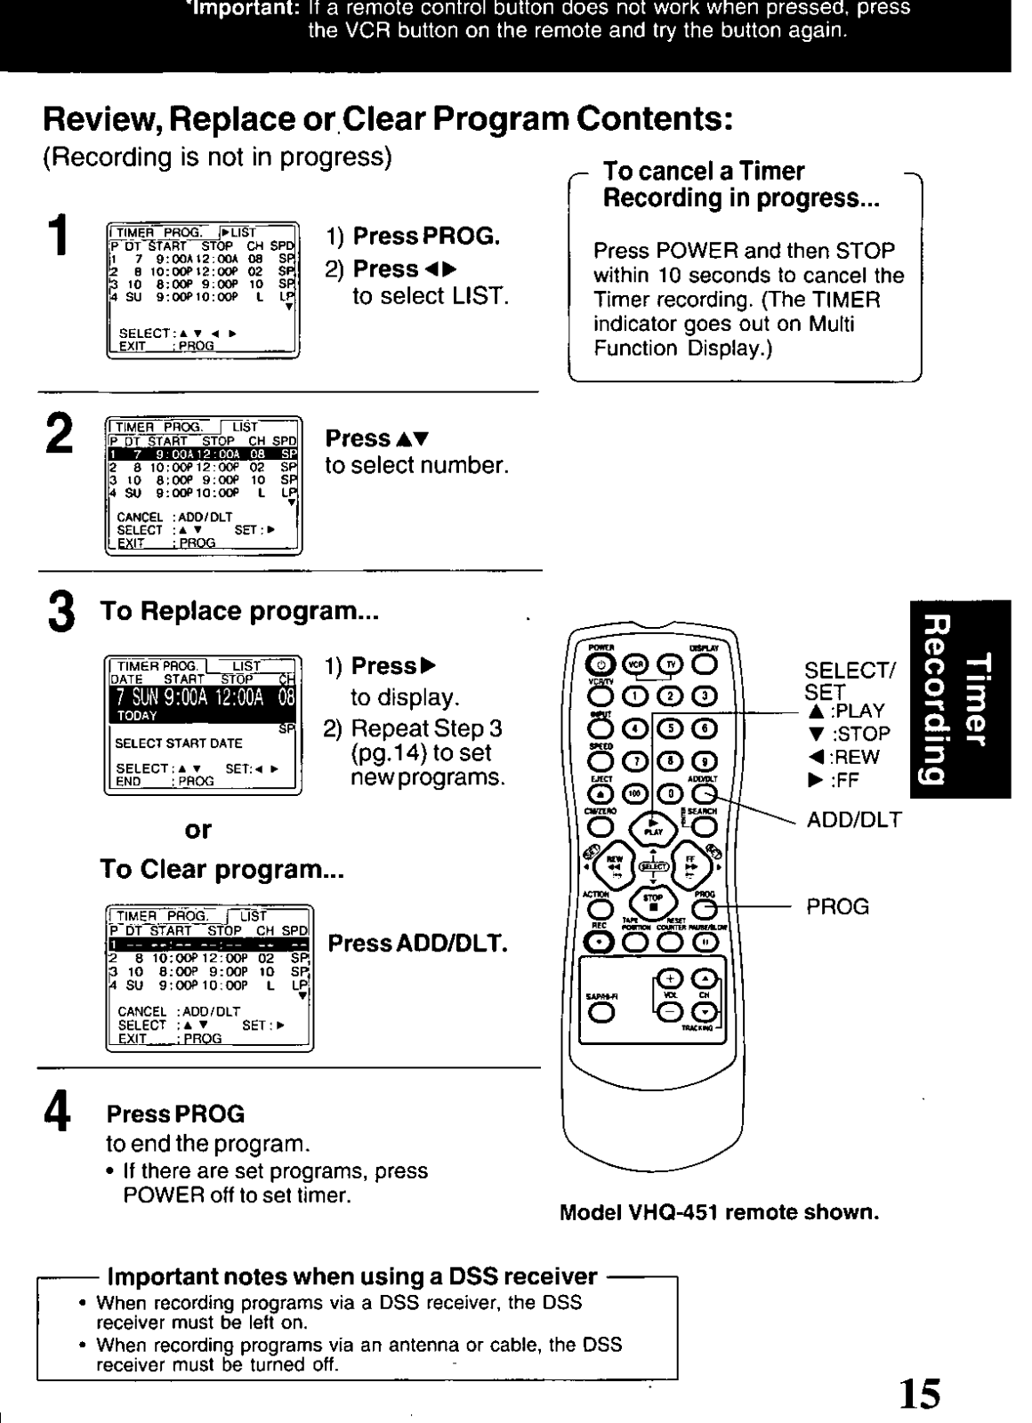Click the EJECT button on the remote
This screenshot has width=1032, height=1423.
(x=601, y=792)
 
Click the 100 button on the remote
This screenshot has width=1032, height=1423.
(x=636, y=792)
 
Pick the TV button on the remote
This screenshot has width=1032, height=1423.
(x=670, y=663)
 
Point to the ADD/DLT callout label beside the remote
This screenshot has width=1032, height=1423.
(x=853, y=820)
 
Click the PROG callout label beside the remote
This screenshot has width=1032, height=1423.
(x=837, y=907)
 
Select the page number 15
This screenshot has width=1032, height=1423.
(x=917, y=1394)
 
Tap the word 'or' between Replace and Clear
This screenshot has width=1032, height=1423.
(x=198, y=830)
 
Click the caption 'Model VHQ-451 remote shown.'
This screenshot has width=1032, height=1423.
(x=719, y=1213)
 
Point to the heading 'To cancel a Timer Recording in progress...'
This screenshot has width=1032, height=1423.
(x=741, y=184)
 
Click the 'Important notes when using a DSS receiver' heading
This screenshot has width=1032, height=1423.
(x=351, y=1277)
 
